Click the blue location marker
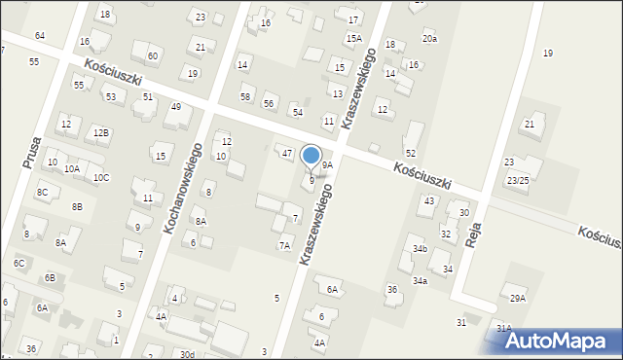[311, 156]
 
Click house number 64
[40, 36]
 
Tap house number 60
[153, 56]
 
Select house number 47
[286, 154]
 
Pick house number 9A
[328, 165]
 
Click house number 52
[411, 154]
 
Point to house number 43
[428, 200]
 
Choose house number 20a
[429, 38]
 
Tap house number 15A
[352, 38]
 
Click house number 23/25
[517, 181]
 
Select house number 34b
[420, 249]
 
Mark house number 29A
[517, 298]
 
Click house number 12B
[101, 132]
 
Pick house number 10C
[101, 178]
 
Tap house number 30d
[187, 354]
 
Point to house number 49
[175, 107]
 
